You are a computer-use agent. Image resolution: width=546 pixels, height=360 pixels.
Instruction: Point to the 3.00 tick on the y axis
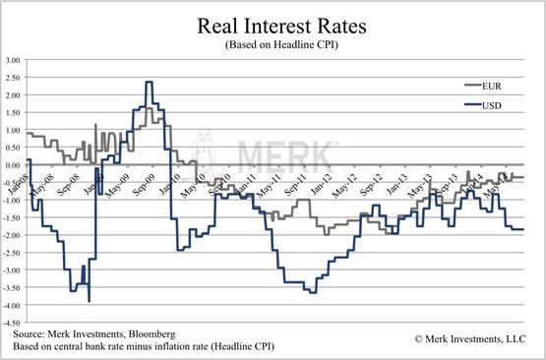coord(14,60)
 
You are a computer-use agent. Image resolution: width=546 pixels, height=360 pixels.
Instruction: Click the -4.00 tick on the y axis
coord(13,306)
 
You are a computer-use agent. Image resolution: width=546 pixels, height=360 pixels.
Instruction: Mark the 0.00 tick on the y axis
coord(14,165)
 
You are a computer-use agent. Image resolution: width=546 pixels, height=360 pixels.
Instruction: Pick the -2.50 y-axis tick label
coord(13,253)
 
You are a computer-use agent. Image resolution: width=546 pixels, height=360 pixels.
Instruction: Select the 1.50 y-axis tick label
coord(14,113)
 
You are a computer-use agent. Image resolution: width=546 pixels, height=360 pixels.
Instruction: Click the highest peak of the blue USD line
coord(148,82)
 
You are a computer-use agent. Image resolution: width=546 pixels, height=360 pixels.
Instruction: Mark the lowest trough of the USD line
coord(90,300)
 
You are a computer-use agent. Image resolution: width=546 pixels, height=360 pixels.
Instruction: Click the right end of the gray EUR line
coord(523,177)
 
